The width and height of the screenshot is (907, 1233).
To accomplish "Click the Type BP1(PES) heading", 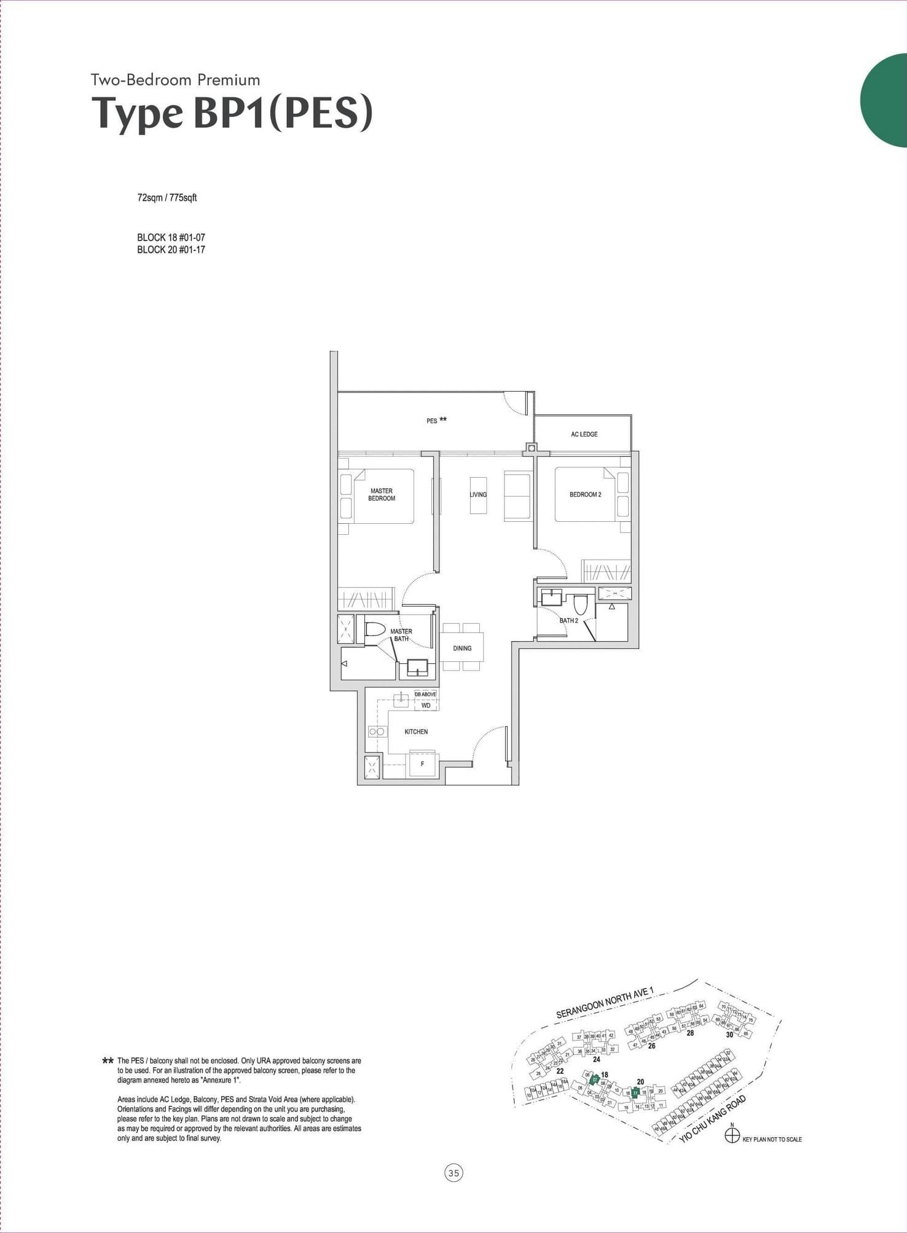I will [232, 113].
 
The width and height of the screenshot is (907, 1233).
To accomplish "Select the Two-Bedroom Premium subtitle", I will [175, 80].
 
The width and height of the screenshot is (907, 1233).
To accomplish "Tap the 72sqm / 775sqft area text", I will [167, 198].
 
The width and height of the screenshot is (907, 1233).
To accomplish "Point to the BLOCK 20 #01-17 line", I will [171, 250].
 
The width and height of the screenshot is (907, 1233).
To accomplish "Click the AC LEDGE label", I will [584, 434].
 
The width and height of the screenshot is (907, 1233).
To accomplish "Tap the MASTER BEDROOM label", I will [382, 494].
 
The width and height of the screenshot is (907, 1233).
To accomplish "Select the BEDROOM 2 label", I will [585, 494].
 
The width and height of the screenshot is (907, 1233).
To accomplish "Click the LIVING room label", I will [478, 494].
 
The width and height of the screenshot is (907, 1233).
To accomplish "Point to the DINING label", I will [462, 648].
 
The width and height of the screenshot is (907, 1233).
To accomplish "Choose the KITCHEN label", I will [416, 731].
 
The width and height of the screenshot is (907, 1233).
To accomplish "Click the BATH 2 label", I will [568, 620].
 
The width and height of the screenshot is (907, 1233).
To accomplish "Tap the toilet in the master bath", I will [375, 629].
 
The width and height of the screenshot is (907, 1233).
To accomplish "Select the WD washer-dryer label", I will [426, 706].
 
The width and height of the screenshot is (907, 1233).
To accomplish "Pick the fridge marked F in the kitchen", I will [422, 764].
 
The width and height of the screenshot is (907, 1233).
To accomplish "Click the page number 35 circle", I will [454, 1173].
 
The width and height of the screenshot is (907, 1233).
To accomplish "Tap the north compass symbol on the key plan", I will [732, 1135].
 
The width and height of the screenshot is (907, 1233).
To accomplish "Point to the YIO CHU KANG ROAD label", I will [713, 1119].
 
